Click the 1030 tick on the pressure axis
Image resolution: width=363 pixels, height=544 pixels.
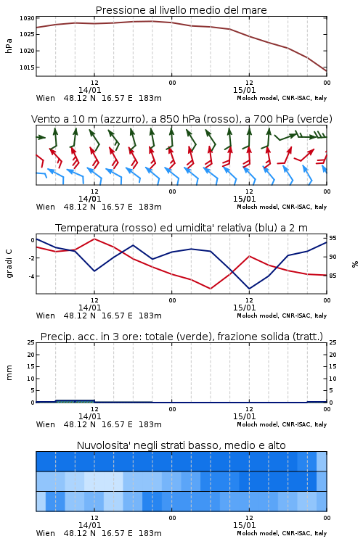(x=27, y=18)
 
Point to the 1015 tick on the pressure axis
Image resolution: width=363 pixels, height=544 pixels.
(x=27, y=67)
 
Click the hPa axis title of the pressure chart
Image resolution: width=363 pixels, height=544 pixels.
(x=9, y=46)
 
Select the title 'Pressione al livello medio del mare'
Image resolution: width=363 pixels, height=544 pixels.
(x=181, y=10)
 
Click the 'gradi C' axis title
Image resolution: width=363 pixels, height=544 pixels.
(x=9, y=263)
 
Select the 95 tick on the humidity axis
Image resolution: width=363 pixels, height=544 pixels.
(x=333, y=238)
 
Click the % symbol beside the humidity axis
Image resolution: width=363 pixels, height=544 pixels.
(x=355, y=264)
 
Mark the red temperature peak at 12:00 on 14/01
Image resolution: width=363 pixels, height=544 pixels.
(x=94, y=239)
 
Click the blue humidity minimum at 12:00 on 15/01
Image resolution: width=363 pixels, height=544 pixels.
(x=249, y=289)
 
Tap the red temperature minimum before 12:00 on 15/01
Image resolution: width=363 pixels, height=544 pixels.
(x=211, y=289)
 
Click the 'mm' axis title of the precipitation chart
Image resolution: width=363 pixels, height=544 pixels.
(x=9, y=373)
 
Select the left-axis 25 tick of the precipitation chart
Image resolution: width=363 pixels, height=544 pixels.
(x=31, y=342)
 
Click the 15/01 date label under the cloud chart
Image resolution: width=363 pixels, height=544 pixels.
(x=244, y=525)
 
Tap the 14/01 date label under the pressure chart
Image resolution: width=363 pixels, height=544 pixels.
(x=89, y=90)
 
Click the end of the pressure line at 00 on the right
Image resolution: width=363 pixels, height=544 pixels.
(x=327, y=71)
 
